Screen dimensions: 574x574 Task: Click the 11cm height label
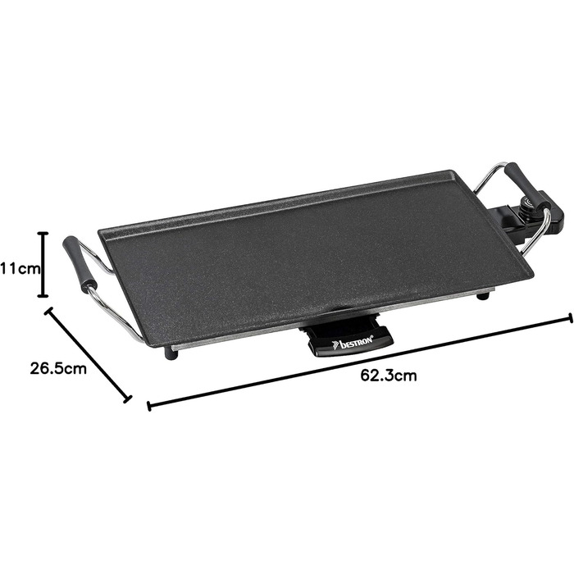[20, 269]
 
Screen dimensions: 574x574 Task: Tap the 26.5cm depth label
[58, 368]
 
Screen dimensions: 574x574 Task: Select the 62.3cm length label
[389, 376]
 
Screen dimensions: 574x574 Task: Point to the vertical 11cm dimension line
[43, 264]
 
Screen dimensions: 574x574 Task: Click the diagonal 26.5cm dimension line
[88, 355]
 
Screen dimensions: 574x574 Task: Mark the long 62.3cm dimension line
[359, 362]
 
